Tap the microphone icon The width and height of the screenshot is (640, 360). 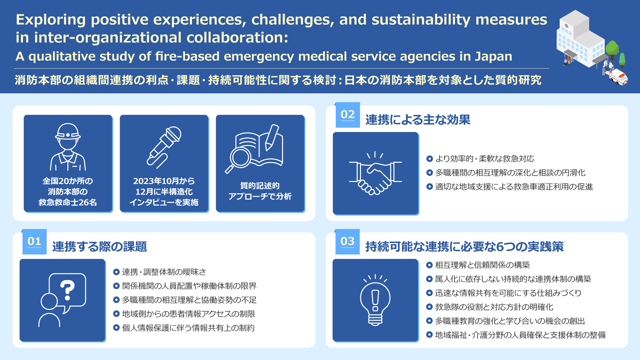click(x=164, y=147)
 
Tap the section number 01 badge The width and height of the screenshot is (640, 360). click(x=34, y=241)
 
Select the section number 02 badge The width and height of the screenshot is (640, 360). click(x=348, y=115)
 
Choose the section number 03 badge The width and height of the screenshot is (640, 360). click(x=348, y=241)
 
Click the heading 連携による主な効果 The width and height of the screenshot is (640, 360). click(x=418, y=120)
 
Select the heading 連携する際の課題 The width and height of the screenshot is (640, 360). click(x=99, y=247)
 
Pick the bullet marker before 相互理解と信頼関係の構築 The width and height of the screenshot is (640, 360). click(x=429, y=265)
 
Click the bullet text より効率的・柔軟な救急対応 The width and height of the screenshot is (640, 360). click(x=485, y=159)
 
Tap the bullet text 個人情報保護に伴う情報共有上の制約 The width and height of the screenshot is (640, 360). click(x=188, y=328)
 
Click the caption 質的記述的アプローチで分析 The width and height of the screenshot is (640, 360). click(x=260, y=191)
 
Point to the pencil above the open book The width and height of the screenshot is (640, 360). click(x=272, y=137)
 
